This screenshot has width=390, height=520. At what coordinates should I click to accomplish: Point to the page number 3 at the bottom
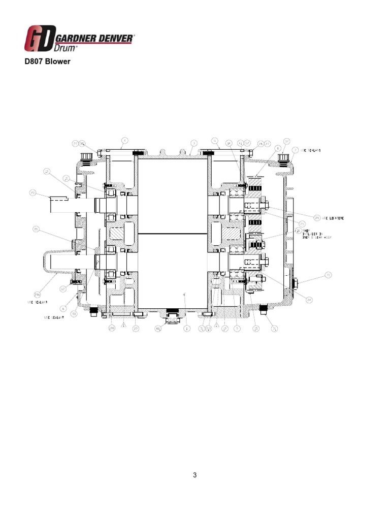point(194,475)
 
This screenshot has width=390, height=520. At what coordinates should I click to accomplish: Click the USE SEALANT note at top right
point(311,151)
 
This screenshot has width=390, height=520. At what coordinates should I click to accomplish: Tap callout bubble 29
point(317,218)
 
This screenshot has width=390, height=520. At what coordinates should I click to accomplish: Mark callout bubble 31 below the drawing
point(275,329)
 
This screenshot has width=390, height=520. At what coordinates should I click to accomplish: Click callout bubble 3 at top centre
point(194,143)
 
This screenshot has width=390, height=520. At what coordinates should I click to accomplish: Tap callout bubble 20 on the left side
point(36,230)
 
